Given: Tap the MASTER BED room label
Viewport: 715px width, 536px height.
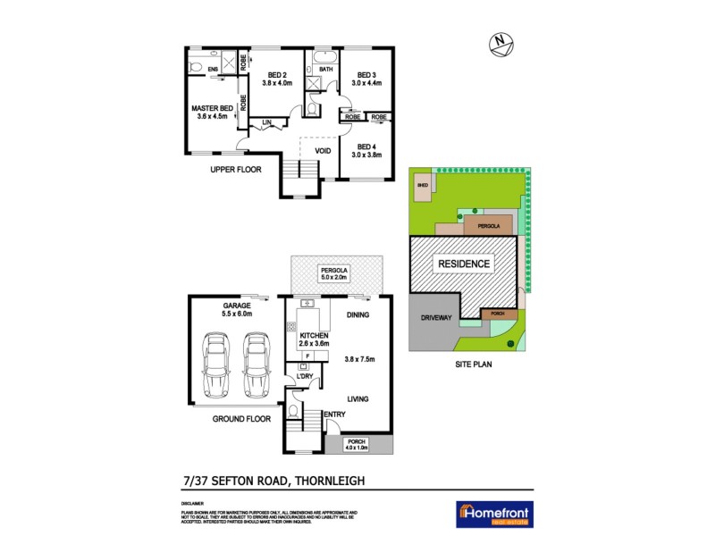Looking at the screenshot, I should click(213, 109).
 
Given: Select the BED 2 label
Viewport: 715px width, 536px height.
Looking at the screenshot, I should click(277, 75).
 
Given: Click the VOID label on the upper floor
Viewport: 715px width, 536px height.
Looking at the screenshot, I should click(324, 151).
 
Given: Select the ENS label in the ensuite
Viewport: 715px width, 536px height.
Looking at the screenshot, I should click(213, 69).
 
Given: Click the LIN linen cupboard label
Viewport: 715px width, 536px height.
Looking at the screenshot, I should click(266, 122).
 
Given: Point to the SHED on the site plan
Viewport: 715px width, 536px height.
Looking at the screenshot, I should click(422, 187).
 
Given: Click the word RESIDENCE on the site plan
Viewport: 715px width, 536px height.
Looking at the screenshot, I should click(463, 264).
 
